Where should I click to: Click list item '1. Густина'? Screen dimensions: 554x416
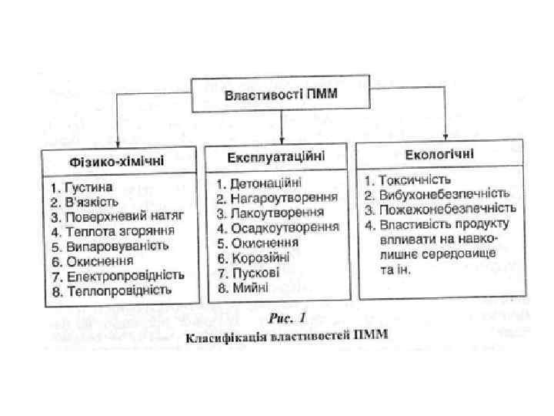pos(82,187)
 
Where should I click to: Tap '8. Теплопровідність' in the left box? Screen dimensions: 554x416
pos(111,290)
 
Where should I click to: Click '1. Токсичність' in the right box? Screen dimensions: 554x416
pos(407,179)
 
